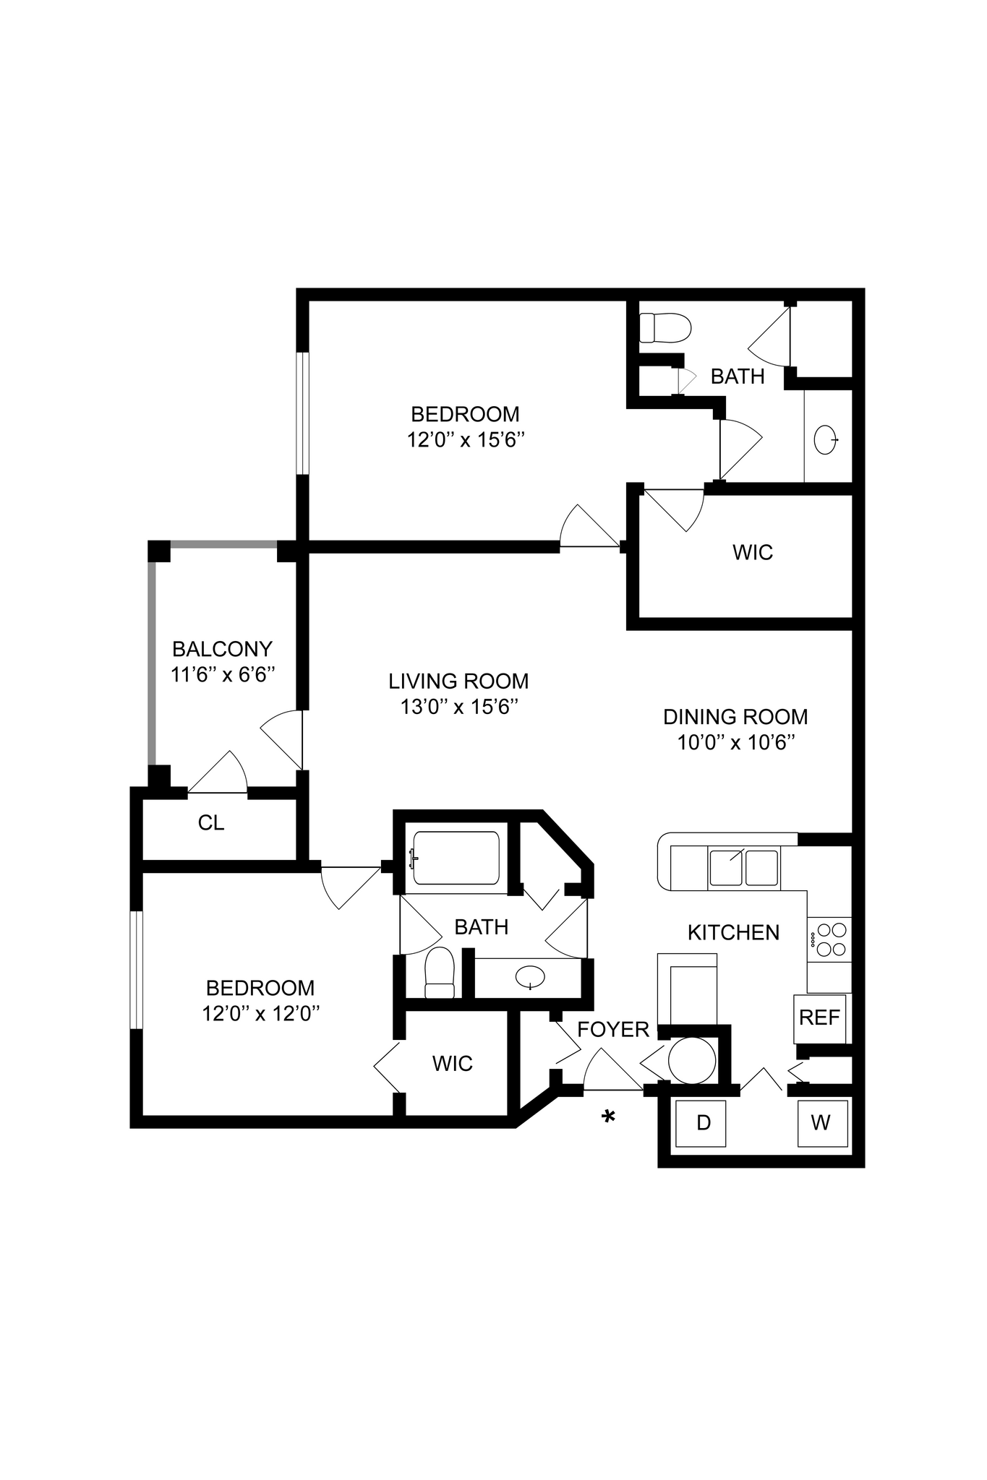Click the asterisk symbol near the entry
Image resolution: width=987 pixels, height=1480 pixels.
pyautogui.click(x=608, y=1117)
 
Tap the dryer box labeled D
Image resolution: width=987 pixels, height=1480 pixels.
pyautogui.click(x=702, y=1122)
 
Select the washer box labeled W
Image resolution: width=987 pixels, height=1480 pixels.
pyautogui.click(x=821, y=1122)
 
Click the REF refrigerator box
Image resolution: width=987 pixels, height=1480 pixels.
pyautogui.click(x=819, y=1017)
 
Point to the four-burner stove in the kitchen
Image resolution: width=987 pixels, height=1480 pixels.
pyautogui.click(x=829, y=939)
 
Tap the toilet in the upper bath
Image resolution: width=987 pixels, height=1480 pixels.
pyautogui.click(x=666, y=327)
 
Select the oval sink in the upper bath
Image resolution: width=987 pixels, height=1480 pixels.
pyautogui.click(x=826, y=439)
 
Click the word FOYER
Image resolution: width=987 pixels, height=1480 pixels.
pyautogui.click(x=613, y=1029)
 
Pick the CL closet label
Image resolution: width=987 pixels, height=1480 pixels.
pyautogui.click(x=211, y=822)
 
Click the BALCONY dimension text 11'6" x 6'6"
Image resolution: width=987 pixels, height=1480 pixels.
pyautogui.click(x=223, y=674)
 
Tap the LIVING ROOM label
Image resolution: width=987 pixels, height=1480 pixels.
pyautogui.click(x=458, y=681)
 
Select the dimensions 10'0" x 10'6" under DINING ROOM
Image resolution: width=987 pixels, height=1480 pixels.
pyautogui.click(x=736, y=742)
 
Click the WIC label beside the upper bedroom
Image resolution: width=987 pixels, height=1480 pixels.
pyautogui.click(x=752, y=552)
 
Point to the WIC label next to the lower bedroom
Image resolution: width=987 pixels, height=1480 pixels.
pyautogui.click(x=452, y=1063)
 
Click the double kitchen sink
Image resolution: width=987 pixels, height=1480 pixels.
pyautogui.click(x=743, y=868)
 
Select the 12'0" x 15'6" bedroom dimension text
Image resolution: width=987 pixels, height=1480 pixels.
pyautogui.click(x=465, y=439)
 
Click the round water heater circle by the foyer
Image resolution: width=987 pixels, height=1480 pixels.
pyautogui.click(x=691, y=1060)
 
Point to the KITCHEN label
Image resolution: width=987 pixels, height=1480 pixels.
pyautogui.click(x=733, y=932)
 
